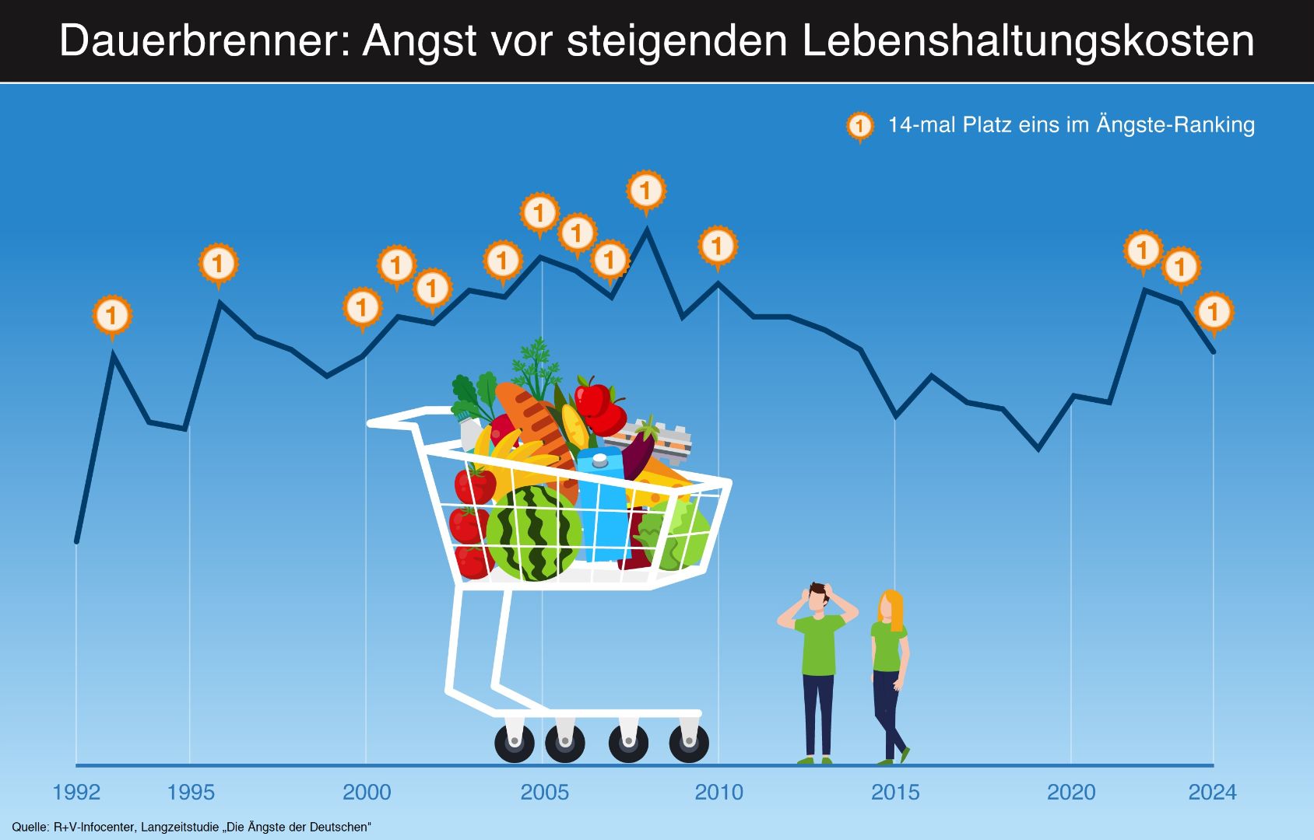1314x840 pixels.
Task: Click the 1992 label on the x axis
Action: pos(76,792)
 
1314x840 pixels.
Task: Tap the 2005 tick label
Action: pos(544,792)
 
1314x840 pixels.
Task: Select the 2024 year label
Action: pos(1212,792)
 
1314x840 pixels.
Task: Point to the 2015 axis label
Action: pos(895,792)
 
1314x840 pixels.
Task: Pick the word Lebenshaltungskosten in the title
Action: pos(1028,40)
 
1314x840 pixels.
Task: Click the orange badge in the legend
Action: pos(860,125)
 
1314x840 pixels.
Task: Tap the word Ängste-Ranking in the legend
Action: pos(1175,125)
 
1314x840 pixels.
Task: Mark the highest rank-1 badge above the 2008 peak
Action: pos(645,190)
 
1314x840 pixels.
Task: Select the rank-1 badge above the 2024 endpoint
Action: pos(1213,312)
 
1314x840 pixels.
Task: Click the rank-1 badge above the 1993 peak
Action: pos(112,316)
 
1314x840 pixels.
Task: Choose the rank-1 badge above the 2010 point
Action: pos(717,246)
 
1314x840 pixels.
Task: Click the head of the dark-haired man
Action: pos(817,597)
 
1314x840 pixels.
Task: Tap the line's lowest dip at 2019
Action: pos(1038,449)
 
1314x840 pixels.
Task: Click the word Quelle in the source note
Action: pos(30,827)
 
